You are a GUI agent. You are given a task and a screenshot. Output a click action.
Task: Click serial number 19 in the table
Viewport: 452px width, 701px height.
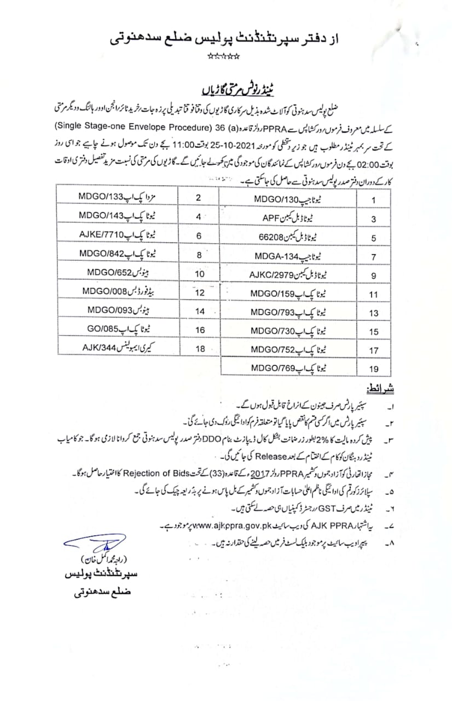pyautogui.click(x=374, y=370)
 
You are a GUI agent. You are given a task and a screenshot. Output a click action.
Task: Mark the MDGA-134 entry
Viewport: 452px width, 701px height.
pyautogui.click(x=285, y=256)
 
